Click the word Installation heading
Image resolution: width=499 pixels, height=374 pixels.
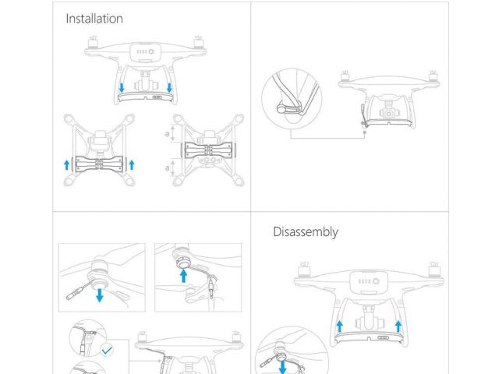pos(94,19)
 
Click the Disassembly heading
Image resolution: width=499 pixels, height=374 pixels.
pos(306,231)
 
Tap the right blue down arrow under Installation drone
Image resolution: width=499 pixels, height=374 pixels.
pos(170,86)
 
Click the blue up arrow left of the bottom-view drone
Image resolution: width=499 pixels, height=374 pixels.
pos(67,164)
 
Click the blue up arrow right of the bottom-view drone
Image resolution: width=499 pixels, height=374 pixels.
pos(132,164)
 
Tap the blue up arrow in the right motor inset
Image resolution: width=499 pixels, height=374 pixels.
pos(184,275)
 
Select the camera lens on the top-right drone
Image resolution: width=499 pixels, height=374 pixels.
pos(388,113)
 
